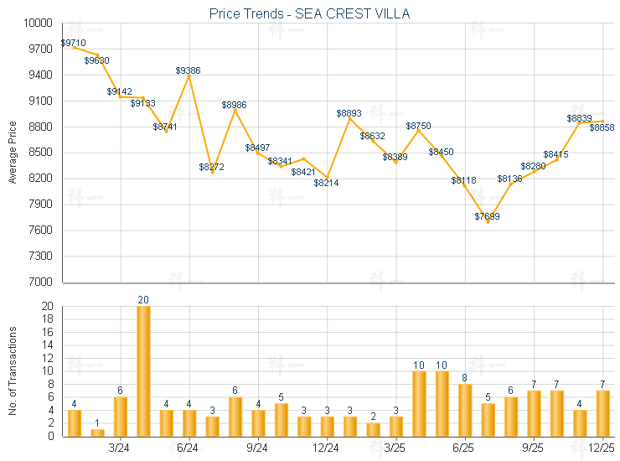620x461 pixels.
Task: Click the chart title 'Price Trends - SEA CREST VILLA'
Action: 309,14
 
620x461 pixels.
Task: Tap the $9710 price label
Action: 73,42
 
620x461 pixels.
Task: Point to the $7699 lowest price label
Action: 487,216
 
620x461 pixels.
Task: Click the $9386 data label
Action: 188,70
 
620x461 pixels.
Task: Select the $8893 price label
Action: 349,113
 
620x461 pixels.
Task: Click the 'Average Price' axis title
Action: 13,153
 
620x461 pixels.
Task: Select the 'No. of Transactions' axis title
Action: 13,371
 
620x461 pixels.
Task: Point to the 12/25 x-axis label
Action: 602,448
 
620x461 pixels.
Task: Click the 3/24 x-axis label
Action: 120,448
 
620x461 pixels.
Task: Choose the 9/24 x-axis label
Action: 258,448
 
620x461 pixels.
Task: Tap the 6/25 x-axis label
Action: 464,448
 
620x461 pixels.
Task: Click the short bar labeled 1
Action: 97,433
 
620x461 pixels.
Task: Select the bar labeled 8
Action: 465,410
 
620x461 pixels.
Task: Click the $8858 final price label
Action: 602,127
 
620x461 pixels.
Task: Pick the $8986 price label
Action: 234,105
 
